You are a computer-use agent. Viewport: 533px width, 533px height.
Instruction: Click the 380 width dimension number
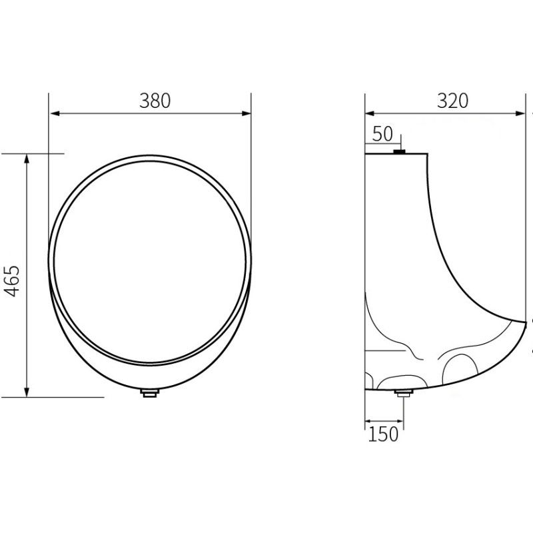155,101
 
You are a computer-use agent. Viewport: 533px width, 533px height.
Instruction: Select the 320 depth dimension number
452,101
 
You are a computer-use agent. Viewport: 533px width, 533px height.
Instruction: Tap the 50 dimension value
382,134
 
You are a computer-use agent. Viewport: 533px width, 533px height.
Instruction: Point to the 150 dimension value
384,434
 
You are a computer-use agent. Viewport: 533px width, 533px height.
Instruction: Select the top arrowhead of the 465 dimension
27,158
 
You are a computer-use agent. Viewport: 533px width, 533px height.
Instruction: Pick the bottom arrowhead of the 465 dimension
27,392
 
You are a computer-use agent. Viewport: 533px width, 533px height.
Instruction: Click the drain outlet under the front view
150,393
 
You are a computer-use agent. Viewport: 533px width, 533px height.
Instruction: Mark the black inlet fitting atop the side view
400,152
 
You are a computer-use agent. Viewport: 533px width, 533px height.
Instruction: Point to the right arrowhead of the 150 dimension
399,421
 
